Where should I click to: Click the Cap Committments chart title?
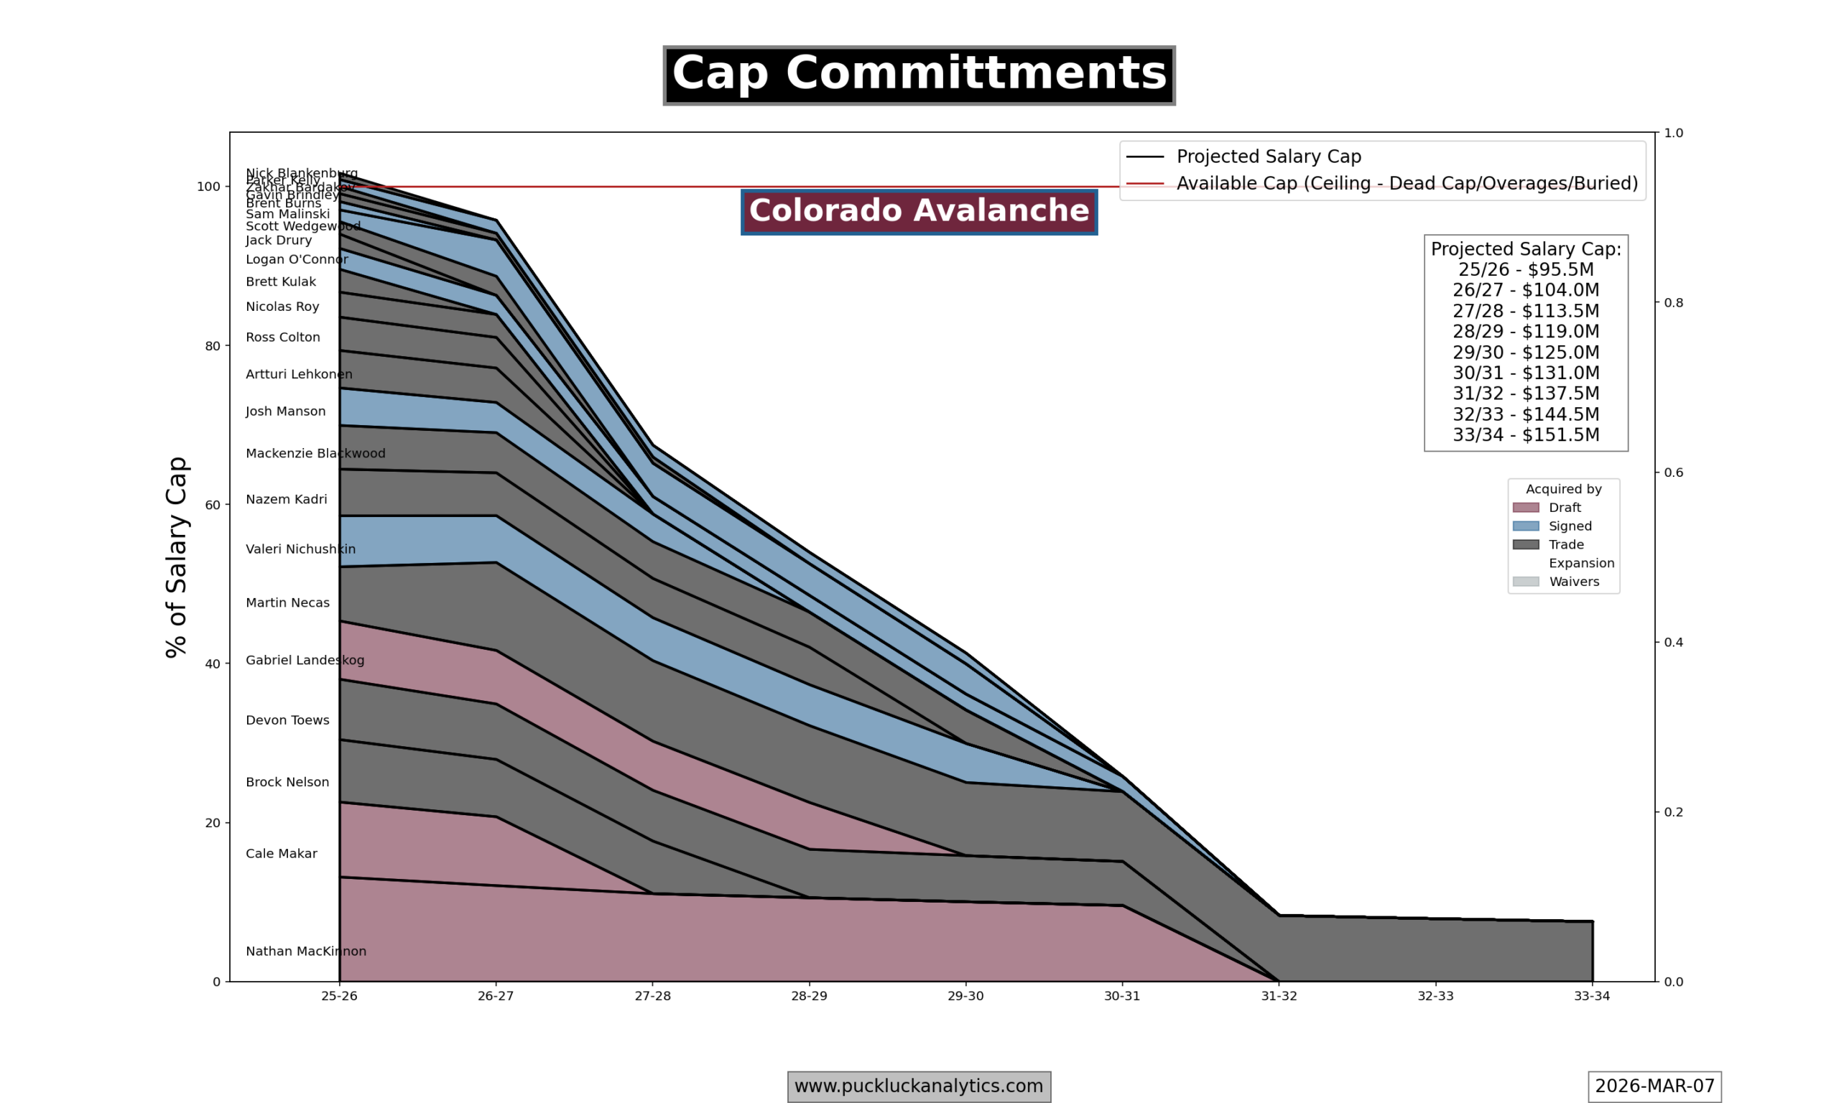pyautogui.click(x=919, y=75)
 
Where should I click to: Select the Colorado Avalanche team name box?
pyautogui.click(x=919, y=212)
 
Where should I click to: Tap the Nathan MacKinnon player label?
pyautogui.click(x=305, y=951)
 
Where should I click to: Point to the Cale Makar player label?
pyautogui.click(x=281, y=854)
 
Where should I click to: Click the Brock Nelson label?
pyautogui.click(x=287, y=783)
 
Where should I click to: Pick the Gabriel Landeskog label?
pyautogui.click(x=305, y=661)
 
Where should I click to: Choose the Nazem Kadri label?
pyautogui.click(x=286, y=501)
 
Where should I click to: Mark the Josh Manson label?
pyautogui.click(x=285, y=411)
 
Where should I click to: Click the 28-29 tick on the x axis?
pyautogui.click(x=809, y=997)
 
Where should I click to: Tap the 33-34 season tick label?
pyautogui.click(x=1591, y=997)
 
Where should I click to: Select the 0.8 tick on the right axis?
pyautogui.click(x=1673, y=303)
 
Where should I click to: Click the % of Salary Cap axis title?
pyautogui.click(x=177, y=557)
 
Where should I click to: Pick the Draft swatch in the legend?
pyautogui.click(x=1525, y=508)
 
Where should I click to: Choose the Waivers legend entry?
pyautogui.click(x=1574, y=582)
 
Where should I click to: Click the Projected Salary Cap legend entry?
pyautogui.click(x=1268, y=157)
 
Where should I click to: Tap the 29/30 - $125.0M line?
pyautogui.click(x=1525, y=353)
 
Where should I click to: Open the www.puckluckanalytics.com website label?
pyautogui.click(x=919, y=1086)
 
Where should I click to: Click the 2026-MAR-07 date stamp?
pyautogui.click(x=1654, y=1086)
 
